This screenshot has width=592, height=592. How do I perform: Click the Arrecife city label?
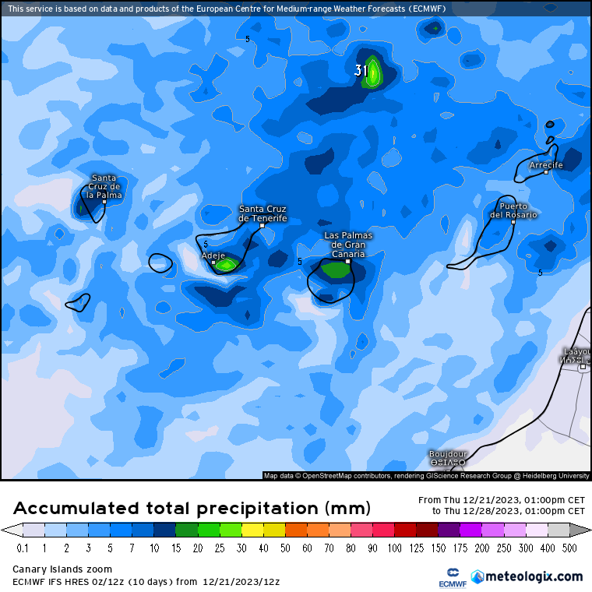545,165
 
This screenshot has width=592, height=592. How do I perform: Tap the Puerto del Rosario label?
513,210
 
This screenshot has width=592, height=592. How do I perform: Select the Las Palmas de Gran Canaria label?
348,245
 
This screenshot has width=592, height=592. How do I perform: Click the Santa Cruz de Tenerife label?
263,213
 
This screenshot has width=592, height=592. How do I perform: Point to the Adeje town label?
213,255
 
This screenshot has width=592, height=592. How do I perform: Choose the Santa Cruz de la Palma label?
104,187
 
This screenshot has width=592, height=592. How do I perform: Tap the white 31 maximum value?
361,71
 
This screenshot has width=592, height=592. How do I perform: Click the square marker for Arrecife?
546,172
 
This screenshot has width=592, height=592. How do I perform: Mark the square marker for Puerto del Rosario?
513,222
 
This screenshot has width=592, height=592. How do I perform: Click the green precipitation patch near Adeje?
226,266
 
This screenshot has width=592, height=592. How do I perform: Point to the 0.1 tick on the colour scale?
22,548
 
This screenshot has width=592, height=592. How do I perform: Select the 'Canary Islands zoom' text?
62,569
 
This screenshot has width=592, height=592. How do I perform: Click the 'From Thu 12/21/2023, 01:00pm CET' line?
502,500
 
